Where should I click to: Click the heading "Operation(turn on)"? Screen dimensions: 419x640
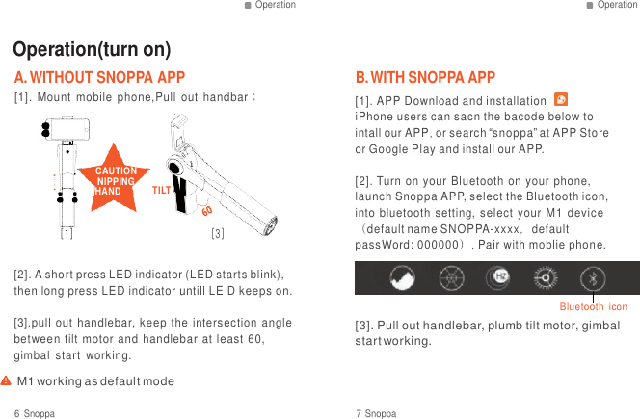pyautogui.click(x=92, y=50)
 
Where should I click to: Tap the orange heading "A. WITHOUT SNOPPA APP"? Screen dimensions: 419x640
pyautogui.click(x=99, y=77)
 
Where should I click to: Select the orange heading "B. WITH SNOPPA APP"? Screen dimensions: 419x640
pyautogui.click(x=425, y=77)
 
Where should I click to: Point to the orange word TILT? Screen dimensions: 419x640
pyautogui.click(x=162, y=191)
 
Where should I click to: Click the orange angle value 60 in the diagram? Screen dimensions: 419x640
pyautogui.click(x=206, y=209)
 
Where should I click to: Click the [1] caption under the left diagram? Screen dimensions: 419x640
pyautogui.click(x=67, y=233)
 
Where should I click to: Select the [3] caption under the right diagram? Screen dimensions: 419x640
pyautogui.click(x=218, y=233)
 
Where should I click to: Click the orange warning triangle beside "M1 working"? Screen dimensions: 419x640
pyautogui.click(x=6, y=381)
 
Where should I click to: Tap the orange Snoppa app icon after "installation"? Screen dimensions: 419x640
pyautogui.click(x=561, y=100)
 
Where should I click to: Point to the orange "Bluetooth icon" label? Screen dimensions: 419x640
pyautogui.click(x=593, y=306)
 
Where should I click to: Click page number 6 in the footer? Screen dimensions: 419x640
pyautogui.click(x=17, y=413)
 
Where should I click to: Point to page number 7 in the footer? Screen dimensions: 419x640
pyautogui.click(x=359, y=413)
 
